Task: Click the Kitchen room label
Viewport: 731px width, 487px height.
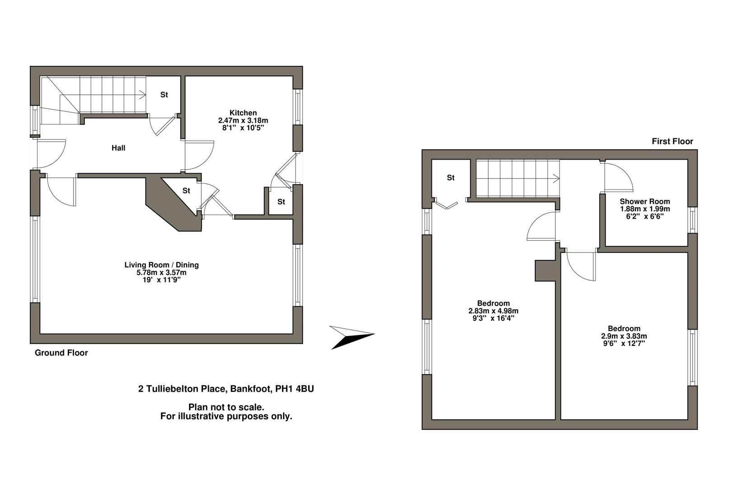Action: pyautogui.click(x=243, y=113)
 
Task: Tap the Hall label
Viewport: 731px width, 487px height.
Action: pyautogui.click(x=118, y=148)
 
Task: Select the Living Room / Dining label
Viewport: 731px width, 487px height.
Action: pyautogui.click(x=162, y=265)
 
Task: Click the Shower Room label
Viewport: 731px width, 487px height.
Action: pyautogui.click(x=644, y=202)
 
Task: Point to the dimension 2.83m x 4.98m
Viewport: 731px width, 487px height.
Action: pyautogui.click(x=493, y=311)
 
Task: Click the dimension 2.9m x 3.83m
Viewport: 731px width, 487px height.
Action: pyautogui.click(x=624, y=336)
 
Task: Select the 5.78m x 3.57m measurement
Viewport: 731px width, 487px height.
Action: pyautogui.click(x=162, y=272)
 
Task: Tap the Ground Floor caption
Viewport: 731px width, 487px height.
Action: pyautogui.click(x=61, y=353)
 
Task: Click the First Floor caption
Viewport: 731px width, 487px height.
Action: pyautogui.click(x=672, y=141)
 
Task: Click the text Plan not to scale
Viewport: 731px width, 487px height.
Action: pyautogui.click(x=226, y=407)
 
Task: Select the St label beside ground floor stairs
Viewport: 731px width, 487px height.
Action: pyautogui.click(x=164, y=95)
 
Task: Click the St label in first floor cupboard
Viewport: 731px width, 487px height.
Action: pyautogui.click(x=450, y=178)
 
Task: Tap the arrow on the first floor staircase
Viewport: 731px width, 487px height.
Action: pyautogui.click(x=555, y=179)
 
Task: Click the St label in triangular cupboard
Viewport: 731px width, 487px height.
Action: pyautogui.click(x=186, y=191)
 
